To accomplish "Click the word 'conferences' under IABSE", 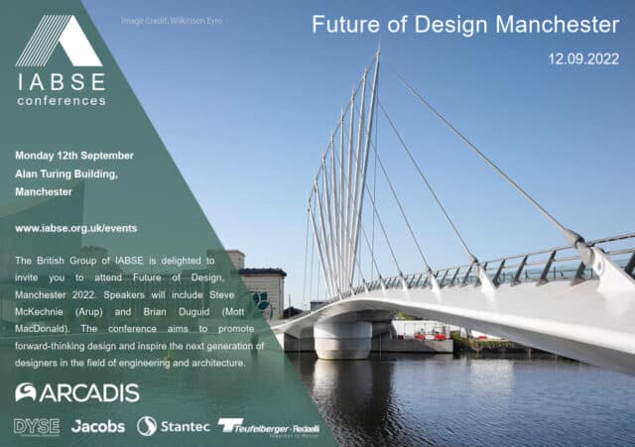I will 60,100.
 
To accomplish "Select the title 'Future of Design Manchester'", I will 465,24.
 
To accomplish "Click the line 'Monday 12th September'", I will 74,156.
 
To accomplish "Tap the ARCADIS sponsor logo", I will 76,392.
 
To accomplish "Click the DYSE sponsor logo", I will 37,426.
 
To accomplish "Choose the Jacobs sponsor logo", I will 98,426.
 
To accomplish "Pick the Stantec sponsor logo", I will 174,426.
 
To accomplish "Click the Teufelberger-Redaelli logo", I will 255,426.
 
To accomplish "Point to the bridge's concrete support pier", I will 342,338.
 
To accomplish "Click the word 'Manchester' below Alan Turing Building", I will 44,191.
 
